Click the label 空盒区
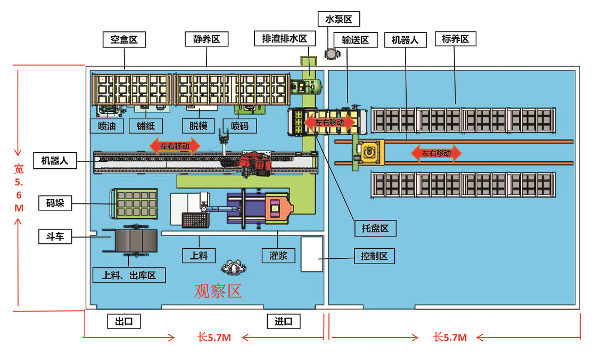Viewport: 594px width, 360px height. click(124, 39)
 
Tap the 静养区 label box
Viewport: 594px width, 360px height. click(207, 39)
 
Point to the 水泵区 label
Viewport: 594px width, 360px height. click(339, 20)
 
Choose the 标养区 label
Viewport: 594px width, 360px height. click(455, 39)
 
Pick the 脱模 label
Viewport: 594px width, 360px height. click(199, 126)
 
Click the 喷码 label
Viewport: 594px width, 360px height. click(240, 126)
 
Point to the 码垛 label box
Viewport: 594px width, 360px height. click(55, 203)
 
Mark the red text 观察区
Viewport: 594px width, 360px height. click(218, 291)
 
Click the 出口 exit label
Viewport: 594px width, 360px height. click(124, 321)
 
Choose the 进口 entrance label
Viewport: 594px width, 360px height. click(284, 321)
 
